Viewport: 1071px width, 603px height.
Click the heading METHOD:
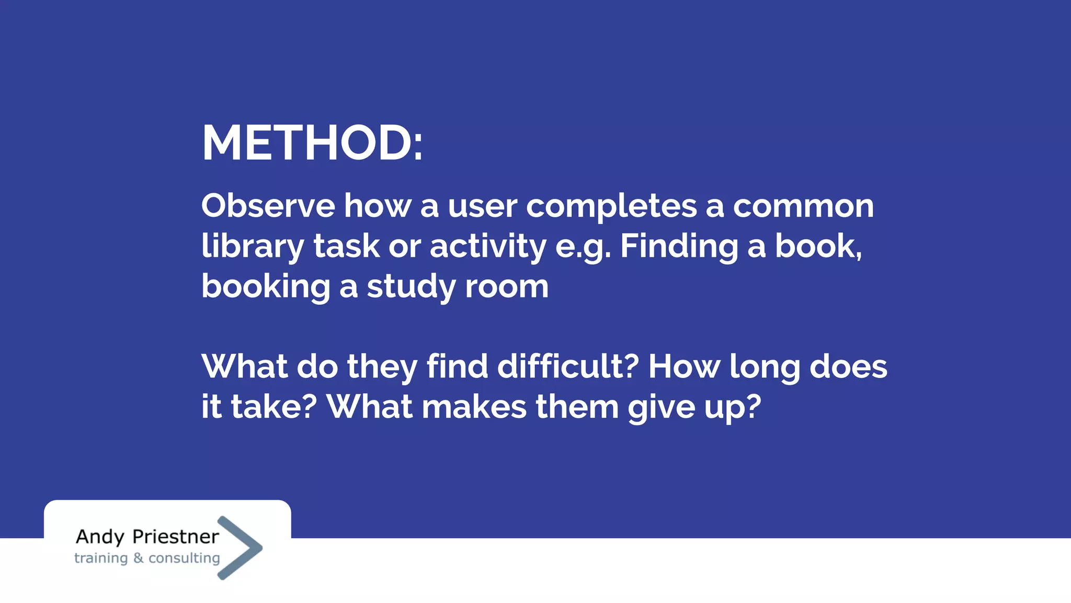312,143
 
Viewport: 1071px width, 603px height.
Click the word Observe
268,206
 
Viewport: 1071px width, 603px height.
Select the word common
803,206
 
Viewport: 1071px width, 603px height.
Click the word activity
487,247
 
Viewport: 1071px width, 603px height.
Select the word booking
266,287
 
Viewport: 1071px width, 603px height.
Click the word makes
474,407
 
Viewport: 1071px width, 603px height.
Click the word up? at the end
732,408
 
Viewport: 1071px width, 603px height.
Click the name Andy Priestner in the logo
147,537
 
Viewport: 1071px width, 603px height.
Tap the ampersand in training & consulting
138,558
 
